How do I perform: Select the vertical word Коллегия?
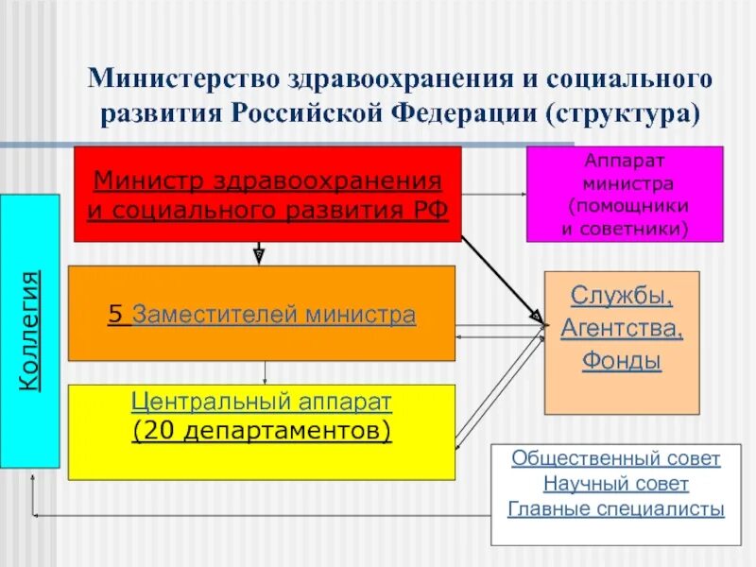point(31,330)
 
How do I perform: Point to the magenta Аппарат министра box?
point(624,194)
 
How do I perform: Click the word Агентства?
point(622,328)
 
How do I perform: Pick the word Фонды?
point(622,361)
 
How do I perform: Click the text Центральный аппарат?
point(262,402)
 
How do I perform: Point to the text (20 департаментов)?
point(262,431)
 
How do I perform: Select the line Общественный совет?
point(616,459)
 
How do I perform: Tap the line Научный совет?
point(616,485)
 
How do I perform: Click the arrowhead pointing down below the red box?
point(259,253)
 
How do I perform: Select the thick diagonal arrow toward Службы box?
point(501,274)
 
